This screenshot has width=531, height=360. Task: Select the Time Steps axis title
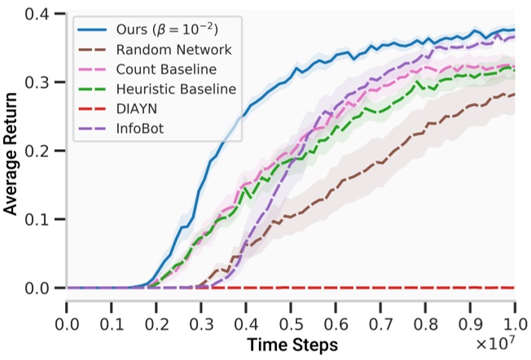[291, 345]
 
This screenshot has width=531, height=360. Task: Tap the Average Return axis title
[11, 151]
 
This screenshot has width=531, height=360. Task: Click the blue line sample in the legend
[95, 29]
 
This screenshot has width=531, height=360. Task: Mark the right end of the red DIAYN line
[515, 288]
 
